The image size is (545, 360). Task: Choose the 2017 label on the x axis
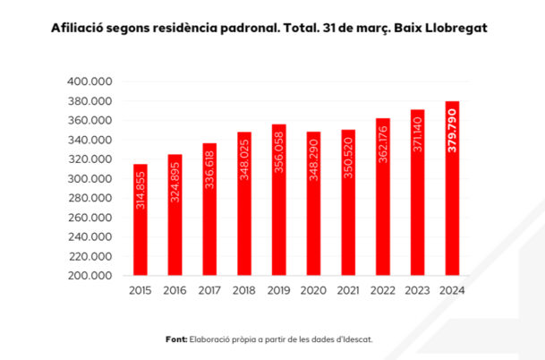pos(209,291)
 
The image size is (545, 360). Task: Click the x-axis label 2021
pos(348,291)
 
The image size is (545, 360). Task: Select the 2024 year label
pos(453,291)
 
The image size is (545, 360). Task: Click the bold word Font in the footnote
pos(175,339)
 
